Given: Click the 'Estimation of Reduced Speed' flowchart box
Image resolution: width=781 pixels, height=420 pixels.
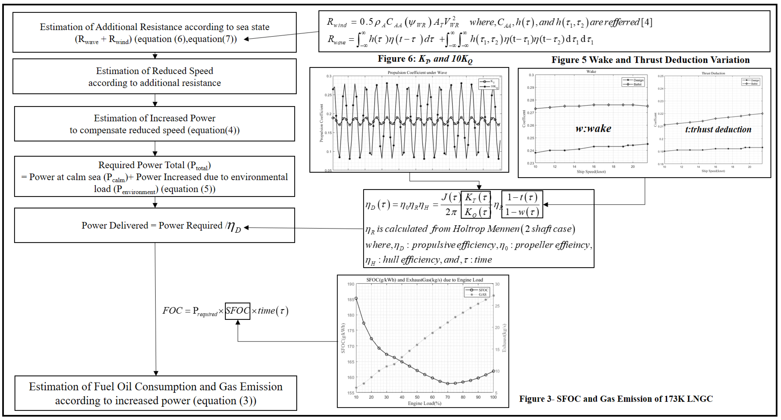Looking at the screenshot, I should click(155, 76).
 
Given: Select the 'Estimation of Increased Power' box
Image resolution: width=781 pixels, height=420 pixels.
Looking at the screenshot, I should click(155, 124).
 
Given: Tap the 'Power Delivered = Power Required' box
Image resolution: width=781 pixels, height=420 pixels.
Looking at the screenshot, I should click(155, 225).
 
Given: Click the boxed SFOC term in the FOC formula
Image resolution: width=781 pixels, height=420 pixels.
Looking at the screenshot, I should click(237, 311).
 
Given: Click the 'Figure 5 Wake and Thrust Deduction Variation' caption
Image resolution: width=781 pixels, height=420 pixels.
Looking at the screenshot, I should click(650, 60).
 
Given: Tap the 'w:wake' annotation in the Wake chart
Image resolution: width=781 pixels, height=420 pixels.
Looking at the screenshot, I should click(593, 129).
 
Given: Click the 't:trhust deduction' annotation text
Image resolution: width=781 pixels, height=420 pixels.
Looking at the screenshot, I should click(718, 130).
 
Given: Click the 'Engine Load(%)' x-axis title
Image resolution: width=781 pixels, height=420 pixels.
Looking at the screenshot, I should click(424, 403).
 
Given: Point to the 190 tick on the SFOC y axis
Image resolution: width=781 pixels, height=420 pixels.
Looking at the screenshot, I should click(351, 284).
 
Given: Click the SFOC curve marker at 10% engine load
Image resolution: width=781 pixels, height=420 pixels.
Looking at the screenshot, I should click(356, 298).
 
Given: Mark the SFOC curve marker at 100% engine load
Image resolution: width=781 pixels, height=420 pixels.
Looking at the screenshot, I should click(493, 371).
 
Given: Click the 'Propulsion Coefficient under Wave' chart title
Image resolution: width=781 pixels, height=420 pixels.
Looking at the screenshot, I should click(417, 72).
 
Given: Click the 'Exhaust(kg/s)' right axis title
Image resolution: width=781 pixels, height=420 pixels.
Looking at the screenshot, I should click(504, 338).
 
